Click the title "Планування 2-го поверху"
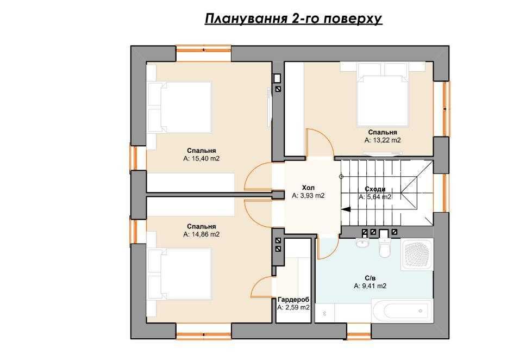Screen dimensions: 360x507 coord(293,19)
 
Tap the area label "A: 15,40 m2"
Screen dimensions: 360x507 coord(202,159)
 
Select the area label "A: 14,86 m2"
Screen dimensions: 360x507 coord(202,234)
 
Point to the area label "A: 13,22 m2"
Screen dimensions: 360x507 coord(383,140)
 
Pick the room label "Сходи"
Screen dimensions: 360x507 coord(375,189)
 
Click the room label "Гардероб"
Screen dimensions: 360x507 coord(293,300)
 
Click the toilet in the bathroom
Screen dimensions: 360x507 coord(384,247)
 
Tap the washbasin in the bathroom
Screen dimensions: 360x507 coord(362,243)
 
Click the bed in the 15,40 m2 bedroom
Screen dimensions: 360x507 coord(181,107)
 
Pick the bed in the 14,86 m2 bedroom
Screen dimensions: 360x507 coord(181,273)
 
